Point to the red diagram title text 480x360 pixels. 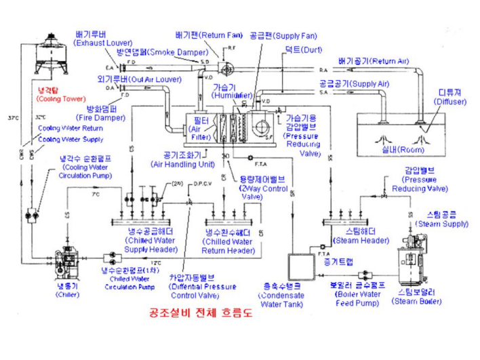pos(196,314)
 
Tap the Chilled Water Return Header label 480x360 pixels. pos(228,241)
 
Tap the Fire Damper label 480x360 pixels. pos(102,113)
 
